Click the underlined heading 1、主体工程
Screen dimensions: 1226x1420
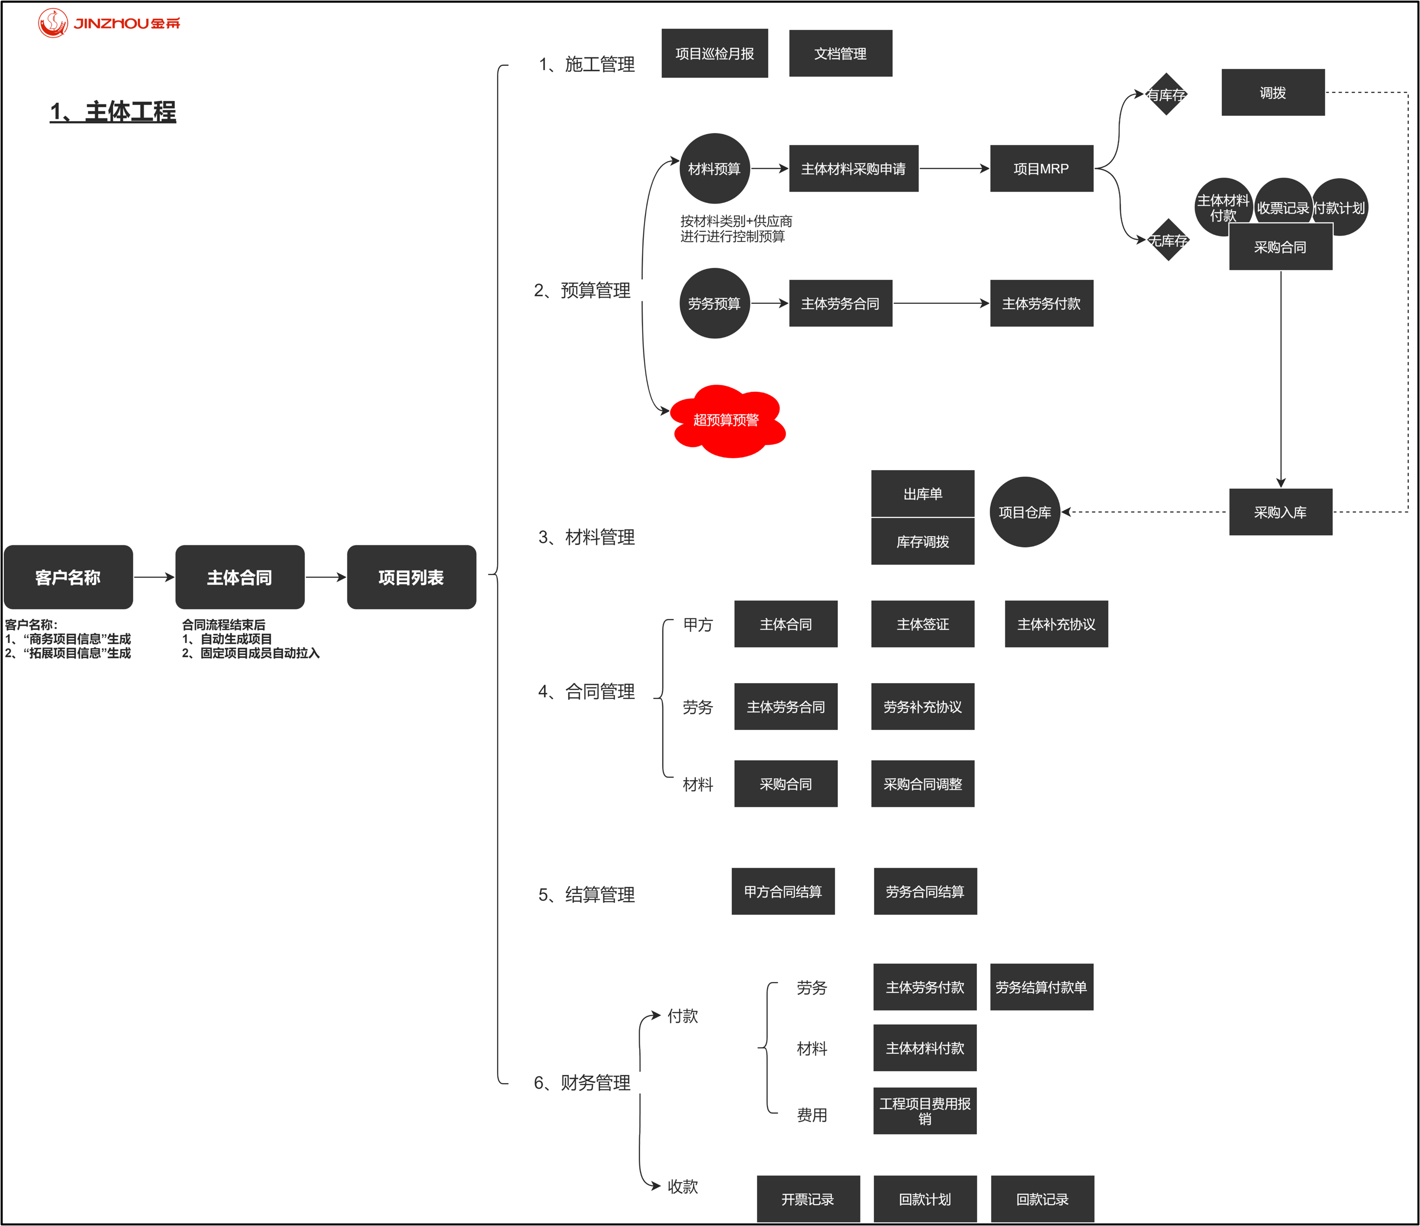[x=113, y=111]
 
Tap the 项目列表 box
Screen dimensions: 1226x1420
[x=411, y=577]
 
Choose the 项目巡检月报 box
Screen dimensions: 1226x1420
[x=714, y=53]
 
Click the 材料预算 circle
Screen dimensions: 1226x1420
[x=714, y=169]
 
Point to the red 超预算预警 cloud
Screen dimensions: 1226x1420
[x=727, y=420]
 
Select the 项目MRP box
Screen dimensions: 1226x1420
[x=1041, y=169]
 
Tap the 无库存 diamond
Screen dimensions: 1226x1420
[x=1168, y=240]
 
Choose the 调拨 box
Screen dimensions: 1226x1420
[x=1273, y=92]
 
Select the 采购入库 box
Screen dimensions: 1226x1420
[x=1280, y=512]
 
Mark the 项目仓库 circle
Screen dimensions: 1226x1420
[x=1025, y=512]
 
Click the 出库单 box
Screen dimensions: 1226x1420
[x=923, y=493]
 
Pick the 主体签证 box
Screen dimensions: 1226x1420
[x=923, y=623]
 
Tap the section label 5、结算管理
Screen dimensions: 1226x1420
[x=586, y=894]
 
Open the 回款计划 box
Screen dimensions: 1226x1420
[x=924, y=1199]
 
